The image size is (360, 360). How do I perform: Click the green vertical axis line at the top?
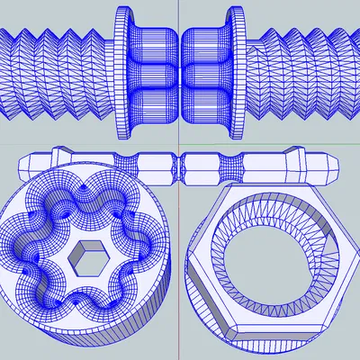[180, 18]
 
